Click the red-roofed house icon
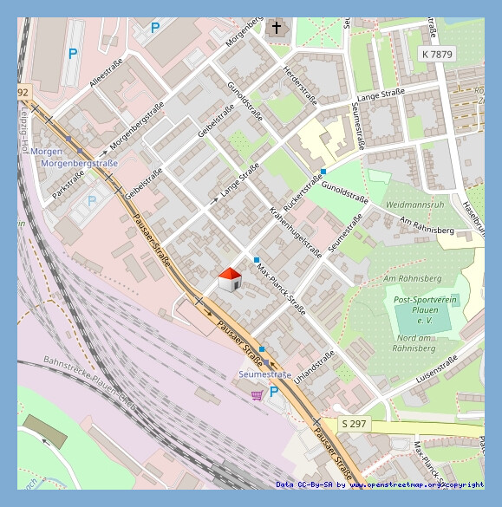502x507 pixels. [230, 280]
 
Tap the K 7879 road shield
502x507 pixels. [436, 54]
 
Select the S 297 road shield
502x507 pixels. [354, 423]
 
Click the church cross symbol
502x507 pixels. [277, 28]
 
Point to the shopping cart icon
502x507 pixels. [257, 395]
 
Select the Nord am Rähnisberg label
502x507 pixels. [412, 342]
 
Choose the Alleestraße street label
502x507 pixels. [107, 73]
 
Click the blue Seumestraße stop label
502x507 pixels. [264, 374]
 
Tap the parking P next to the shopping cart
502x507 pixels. [274, 393]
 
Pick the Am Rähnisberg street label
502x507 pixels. [425, 225]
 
